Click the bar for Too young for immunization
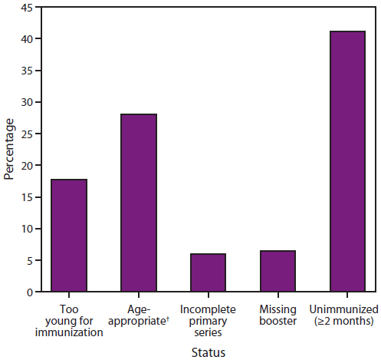68,236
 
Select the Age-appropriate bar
139,203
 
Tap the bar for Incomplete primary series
208,272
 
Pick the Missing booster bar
278,271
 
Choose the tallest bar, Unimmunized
347,162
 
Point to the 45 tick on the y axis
27,8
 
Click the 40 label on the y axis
27,39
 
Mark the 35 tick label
27,71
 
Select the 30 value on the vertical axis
27,102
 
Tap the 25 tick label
27,134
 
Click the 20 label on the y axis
27,166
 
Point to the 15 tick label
27,197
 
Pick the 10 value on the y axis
27,229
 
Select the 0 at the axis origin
29,292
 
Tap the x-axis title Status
208,353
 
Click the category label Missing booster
278,315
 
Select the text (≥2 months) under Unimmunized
348,321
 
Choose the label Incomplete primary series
208,321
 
